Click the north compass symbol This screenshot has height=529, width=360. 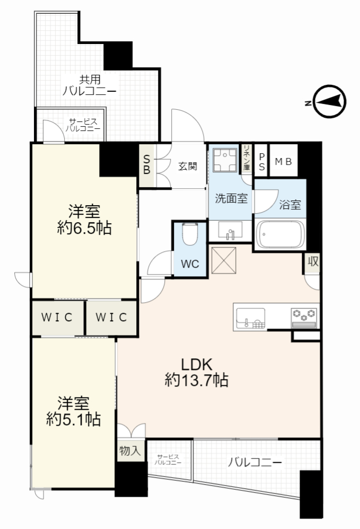[330, 102]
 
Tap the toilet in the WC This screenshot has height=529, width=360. [190, 235]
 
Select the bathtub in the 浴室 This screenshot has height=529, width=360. [280, 234]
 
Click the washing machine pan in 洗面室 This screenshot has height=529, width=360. [225, 160]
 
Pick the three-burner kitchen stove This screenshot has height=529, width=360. [304, 318]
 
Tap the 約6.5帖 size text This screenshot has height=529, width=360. [84, 228]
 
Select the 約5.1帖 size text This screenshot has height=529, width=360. [73, 419]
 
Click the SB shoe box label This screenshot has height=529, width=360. [146, 165]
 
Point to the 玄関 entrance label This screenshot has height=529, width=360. [188, 166]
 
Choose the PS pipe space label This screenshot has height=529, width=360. [262, 162]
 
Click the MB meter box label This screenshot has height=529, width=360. [284, 162]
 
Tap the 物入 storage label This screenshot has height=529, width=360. [130, 451]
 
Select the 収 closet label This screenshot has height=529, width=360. [313, 261]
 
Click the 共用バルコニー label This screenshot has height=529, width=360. [90, 85]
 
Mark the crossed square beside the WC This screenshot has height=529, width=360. [223, 260]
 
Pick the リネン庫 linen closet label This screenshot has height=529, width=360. [247, 157]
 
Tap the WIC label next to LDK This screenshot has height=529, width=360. [111, 317]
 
